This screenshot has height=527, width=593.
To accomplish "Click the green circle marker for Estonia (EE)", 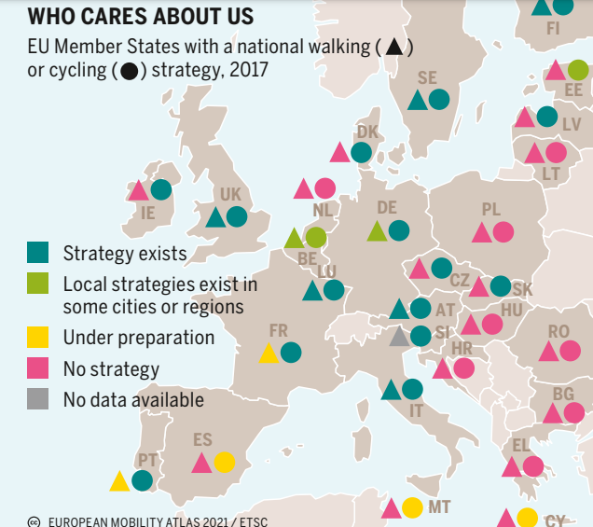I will coord(578,69).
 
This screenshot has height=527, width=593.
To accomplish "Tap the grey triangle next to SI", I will coord(399,337).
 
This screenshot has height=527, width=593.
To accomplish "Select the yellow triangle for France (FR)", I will coord(269,353).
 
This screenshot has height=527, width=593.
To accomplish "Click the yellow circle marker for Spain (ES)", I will coord(224,462).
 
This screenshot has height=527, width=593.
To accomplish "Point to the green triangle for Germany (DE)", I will coord(377,230).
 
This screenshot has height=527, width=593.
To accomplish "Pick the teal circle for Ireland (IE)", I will coord(161,189).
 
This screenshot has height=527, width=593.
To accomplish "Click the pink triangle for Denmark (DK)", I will coord(340,152).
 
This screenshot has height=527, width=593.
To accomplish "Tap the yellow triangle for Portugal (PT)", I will coord(119,481).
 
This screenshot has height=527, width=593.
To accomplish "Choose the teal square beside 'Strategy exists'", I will coord(38,252).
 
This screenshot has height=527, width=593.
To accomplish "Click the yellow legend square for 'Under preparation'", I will coord(38,337).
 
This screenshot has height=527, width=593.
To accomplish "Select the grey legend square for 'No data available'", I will coord(38,399).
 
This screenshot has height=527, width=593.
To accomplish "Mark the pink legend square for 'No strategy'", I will coord(38,368).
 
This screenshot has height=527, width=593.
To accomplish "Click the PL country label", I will coord(491,210).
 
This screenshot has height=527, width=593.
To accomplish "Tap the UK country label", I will coord(230,194).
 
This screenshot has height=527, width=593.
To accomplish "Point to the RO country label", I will coord(559,331).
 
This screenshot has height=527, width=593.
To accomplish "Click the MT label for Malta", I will coord(439,507).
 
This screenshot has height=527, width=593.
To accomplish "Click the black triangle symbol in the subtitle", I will coord(394,46).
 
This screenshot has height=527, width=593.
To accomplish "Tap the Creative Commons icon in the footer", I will coord(34,521).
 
